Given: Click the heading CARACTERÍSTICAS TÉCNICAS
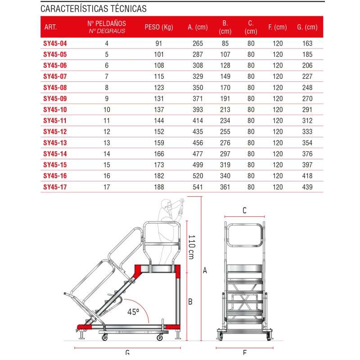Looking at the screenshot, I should pyautogui.click(x=93, y=9).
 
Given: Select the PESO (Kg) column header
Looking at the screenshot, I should pyautogui.click(x=159, y=27).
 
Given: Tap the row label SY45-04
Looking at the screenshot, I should pyautogui.click(x=55, y=44).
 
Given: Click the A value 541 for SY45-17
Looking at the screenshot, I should pyautogui.click(x=198, y=187).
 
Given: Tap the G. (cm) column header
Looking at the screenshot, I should pyautogui.click(x=307, y=27).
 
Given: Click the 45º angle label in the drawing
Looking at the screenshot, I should pyautogui.click(x=134, y=311).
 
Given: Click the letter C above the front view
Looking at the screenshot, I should pyautogui.click(x=244, y=210).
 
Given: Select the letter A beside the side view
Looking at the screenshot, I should pyautogui.click(x=205, y=270).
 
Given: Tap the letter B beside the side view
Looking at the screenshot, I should pyautogui.click(x=190, y=301).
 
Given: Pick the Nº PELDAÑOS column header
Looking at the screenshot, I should pyautogui.click(x=107, y=27).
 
